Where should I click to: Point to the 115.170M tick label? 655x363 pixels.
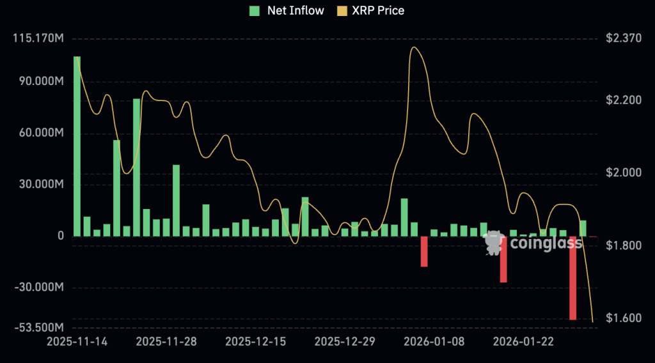[x=38, y=38]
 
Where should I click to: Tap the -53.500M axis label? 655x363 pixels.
[x=39, y=328]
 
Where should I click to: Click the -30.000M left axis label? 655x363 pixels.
[x=40, y=288]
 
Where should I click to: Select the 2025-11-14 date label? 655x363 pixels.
[x=77, y=342]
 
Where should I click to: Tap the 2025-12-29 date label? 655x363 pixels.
[x=346, y=342]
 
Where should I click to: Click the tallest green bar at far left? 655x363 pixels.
[x=77, y=147]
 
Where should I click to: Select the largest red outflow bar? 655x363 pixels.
[x=572, y=278]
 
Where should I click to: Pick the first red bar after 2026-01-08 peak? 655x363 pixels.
[x=423, y=251]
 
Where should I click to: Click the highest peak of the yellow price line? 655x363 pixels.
[x=414, y=47]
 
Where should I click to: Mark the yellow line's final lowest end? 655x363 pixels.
[x=593, y=321]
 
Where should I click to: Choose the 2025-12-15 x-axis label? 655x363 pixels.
[x=256, y=342]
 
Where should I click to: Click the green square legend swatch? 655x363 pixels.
[x=255, y=10]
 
